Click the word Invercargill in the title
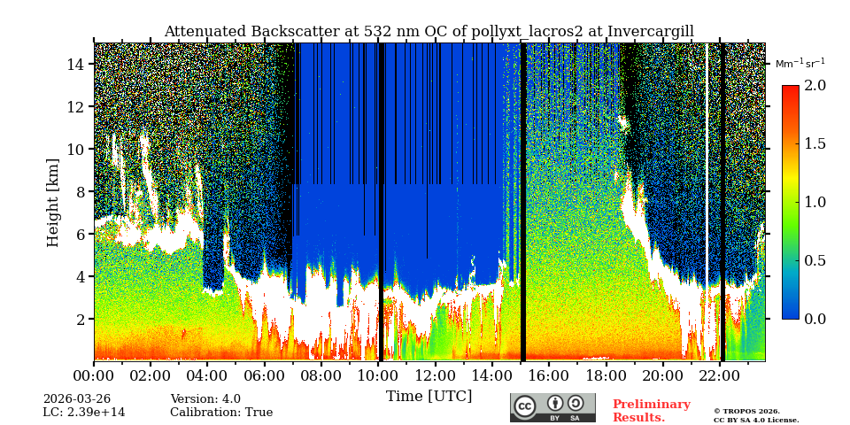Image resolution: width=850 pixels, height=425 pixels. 650,32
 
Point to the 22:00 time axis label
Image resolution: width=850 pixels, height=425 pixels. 719,375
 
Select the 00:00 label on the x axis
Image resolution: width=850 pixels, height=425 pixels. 94,375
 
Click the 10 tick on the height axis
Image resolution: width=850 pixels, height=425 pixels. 76,149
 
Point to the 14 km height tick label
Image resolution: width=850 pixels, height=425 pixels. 76,64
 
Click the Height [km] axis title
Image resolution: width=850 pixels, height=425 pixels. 53,202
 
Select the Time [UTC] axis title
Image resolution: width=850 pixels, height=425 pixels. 429,396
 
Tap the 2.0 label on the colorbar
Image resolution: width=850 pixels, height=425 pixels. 815,85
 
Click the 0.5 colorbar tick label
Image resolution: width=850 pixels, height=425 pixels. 815,260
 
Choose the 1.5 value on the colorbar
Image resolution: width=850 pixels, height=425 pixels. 815,143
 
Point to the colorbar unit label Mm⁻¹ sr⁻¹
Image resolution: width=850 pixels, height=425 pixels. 800,63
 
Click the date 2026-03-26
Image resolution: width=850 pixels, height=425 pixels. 77,399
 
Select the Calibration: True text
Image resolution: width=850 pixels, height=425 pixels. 221,413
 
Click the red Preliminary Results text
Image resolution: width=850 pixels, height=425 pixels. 651,411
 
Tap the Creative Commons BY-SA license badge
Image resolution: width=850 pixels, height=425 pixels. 552,407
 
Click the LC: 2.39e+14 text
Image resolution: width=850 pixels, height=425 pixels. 84,413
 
